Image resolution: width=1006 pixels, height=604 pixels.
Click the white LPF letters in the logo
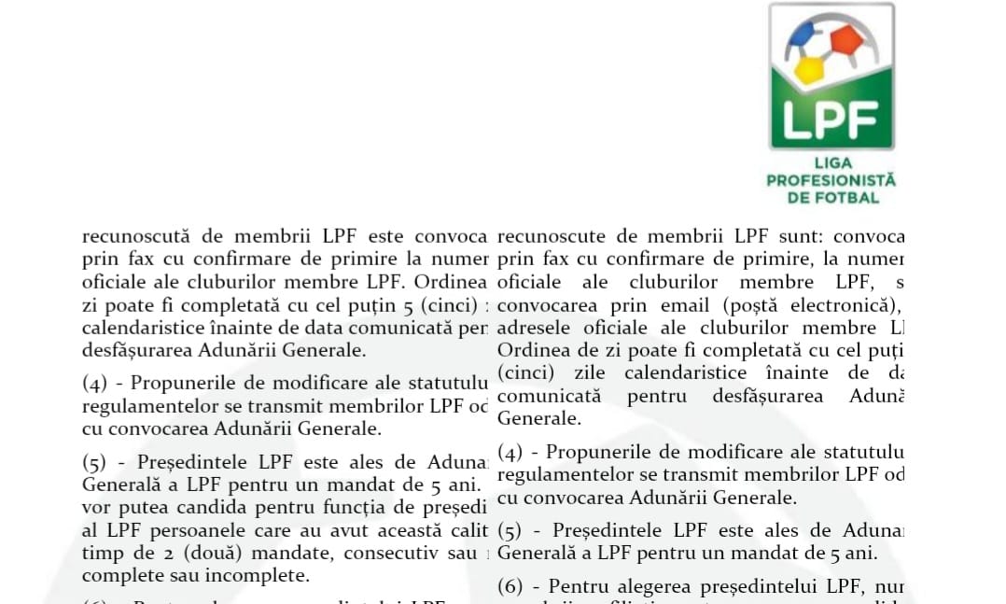tap(830, 119)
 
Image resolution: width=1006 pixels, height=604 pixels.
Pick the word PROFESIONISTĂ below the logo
tap(831, 180)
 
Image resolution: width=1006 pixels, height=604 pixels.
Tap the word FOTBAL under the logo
tap(847, 197)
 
